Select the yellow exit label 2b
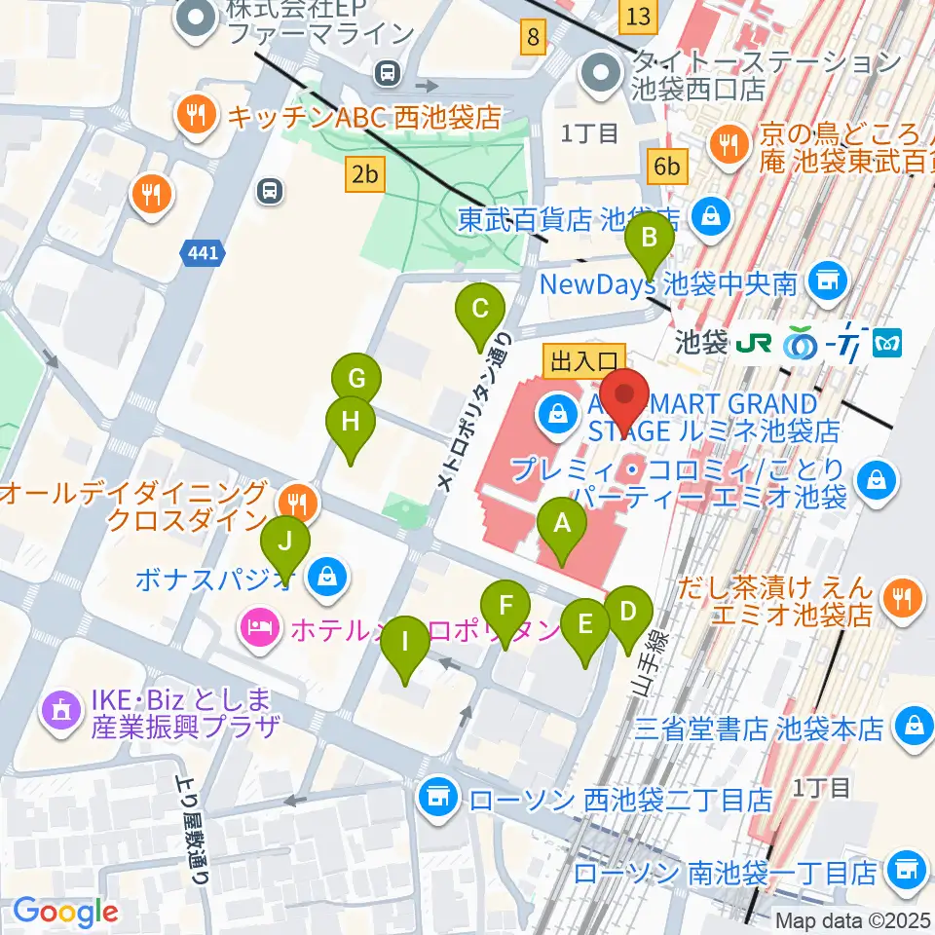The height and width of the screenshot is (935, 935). tap(365, 175)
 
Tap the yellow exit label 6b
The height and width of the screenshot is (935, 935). tap(667, 167)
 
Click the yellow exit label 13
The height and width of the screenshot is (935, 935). tap(638, 16)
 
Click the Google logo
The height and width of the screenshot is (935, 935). tap(65, 912)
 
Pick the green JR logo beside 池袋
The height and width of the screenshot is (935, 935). tap(756, 342)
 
